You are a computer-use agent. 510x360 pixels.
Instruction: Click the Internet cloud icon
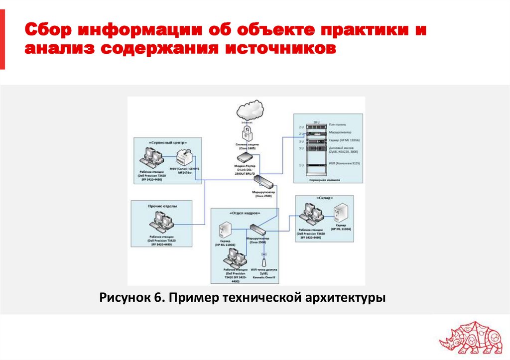click(250, 110)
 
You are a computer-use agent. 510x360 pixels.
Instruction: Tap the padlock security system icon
click(247, 133)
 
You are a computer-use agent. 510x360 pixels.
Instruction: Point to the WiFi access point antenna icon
click(263, 260)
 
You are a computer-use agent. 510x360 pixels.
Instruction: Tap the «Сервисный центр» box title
click(166, 142)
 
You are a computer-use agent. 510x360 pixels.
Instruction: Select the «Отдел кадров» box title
click(244, 213)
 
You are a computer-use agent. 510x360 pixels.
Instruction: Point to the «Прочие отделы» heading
click(162, 205)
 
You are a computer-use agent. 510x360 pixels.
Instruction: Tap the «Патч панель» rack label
click(337, 124)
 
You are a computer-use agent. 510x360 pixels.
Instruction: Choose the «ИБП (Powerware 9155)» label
click(344, 163)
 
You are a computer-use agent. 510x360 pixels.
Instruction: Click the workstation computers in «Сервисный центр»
click(152, 157)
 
